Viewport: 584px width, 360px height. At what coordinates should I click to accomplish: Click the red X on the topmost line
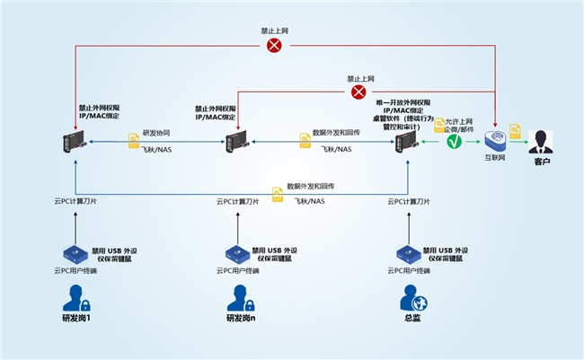tap(274, 45)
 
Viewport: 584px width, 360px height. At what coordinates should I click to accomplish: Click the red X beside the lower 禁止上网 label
tap(358, 92)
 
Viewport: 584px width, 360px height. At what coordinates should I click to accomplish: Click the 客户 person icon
tap(540, 141)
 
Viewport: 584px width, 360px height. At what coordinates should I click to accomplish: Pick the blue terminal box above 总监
tap(406, 254)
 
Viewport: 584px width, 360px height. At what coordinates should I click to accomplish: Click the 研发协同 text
tap(155, 132)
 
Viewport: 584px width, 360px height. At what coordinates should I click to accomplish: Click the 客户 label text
tap(541, 162)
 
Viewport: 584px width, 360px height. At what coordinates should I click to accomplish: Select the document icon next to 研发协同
tap(133, 140)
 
